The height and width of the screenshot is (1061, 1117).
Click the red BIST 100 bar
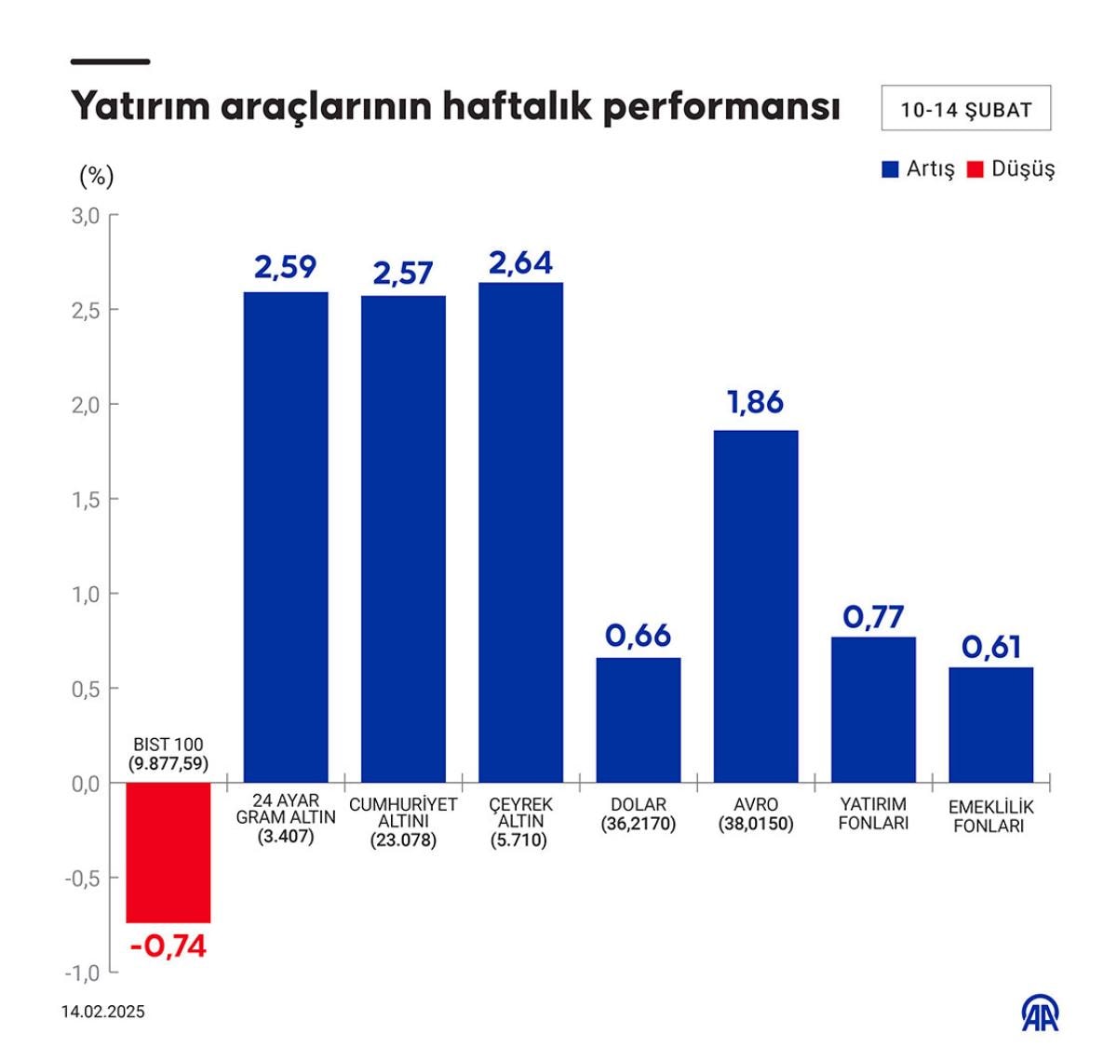coord(168,852)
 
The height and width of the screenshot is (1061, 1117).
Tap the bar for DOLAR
coord(639,719)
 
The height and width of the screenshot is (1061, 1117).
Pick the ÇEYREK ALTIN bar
coord(521,531)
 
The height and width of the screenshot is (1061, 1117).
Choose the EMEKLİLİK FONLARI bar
coord(991,724)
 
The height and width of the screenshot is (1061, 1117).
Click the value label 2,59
coord(286,267)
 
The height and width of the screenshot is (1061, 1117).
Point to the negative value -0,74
coord(168,947)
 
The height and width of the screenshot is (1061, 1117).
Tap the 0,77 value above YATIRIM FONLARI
coord(873,616)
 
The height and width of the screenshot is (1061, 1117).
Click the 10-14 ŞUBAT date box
coord(966,109)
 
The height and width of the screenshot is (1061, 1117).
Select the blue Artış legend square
coord(891,169)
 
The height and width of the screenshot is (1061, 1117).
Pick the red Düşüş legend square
coord(976,169)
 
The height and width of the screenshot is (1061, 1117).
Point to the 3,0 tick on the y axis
coord(85,216)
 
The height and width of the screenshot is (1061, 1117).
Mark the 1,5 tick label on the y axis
coord(85,500)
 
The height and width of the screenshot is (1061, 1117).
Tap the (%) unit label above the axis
coord(97,176)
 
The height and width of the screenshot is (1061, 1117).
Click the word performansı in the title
coord(721,107)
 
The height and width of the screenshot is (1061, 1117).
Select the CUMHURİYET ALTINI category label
coord(403,822)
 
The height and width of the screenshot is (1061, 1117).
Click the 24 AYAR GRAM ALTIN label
coord(286,818)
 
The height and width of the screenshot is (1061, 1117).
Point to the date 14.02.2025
coord(103,1012)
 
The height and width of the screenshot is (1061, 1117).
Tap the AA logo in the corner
coord(1041,1014)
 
